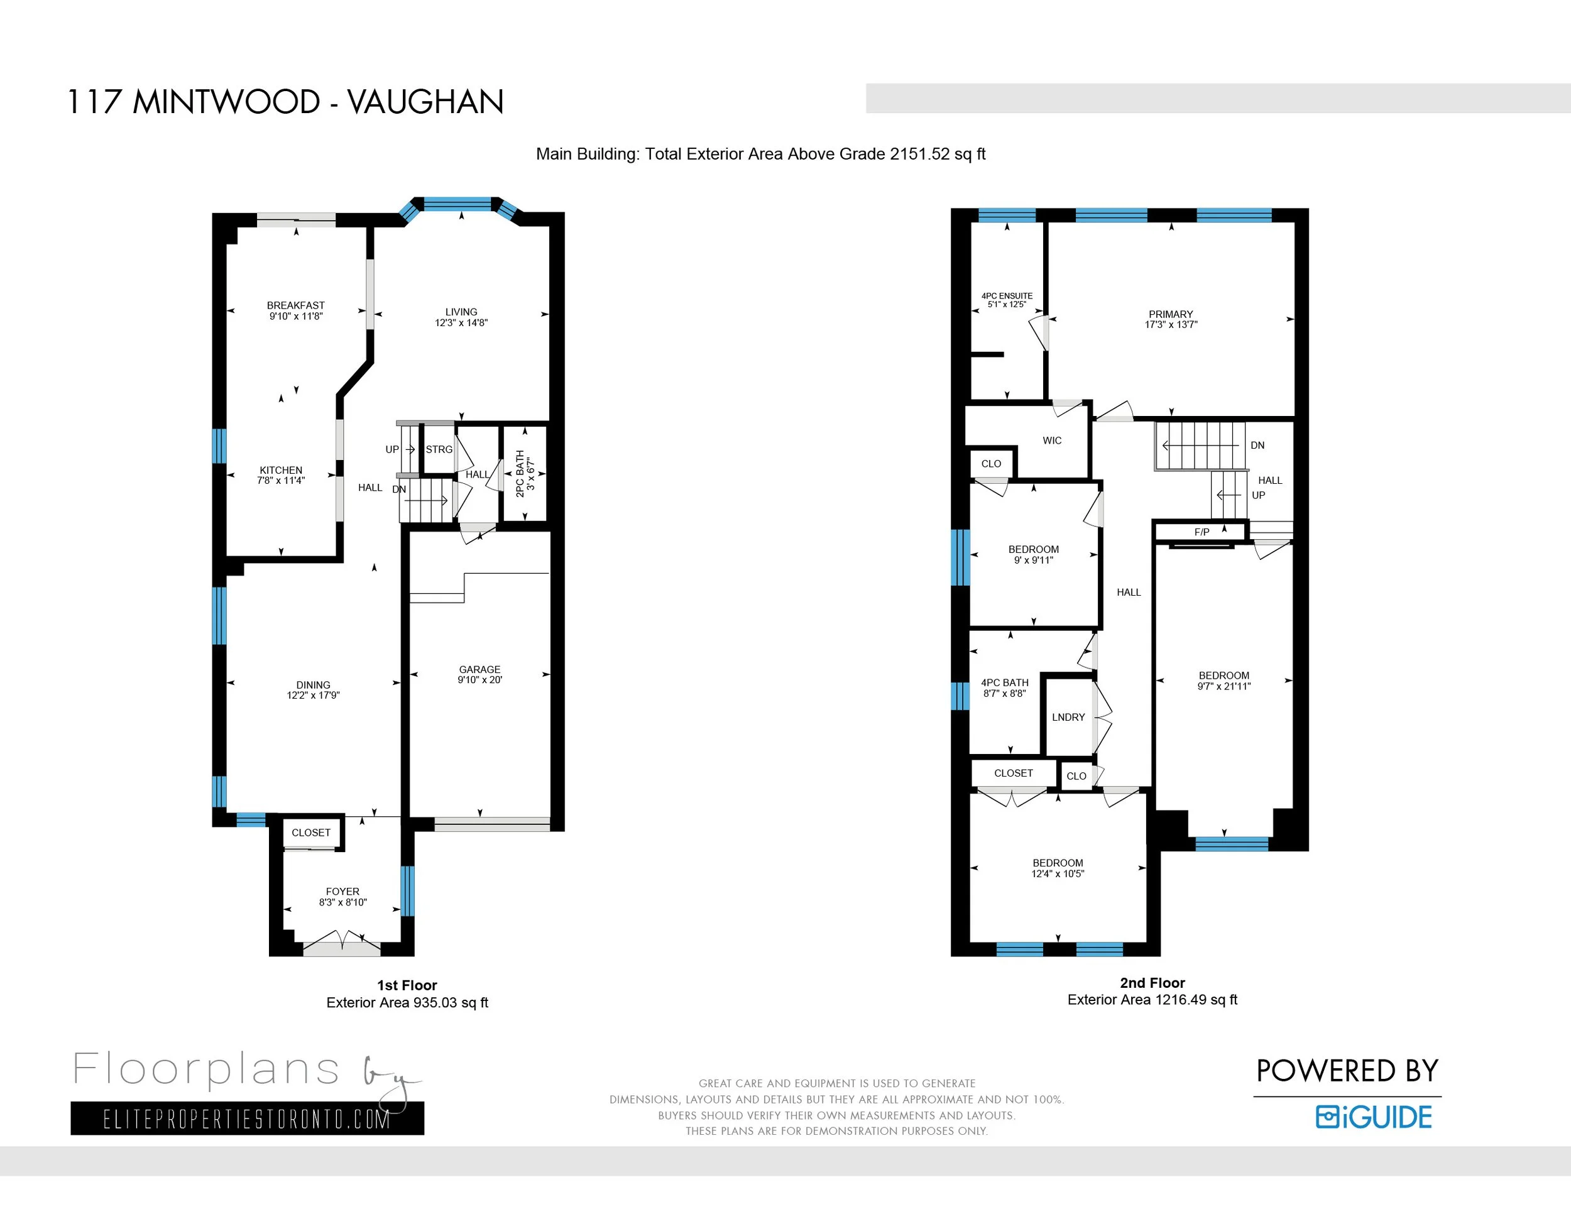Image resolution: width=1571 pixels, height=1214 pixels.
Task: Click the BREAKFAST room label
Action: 295,305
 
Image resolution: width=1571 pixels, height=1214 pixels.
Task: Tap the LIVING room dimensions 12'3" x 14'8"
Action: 461,323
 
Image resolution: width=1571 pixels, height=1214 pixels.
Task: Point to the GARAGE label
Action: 480,670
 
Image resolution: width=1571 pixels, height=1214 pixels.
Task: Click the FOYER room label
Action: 342,892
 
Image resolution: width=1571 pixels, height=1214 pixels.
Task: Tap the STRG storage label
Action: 439,449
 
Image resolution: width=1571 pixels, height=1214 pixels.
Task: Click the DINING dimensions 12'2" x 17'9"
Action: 313,696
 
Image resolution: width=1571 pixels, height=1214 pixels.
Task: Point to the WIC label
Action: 1052,441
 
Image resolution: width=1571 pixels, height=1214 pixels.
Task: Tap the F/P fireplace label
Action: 1202,532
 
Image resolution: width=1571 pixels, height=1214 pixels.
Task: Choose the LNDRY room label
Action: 1068,717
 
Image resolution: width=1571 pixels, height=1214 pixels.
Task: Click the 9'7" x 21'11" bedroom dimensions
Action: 1223,687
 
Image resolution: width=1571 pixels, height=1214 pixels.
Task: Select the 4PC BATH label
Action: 1004,682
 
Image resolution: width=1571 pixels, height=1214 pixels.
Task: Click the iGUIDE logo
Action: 1374,1117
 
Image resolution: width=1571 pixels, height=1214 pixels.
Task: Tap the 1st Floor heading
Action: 407,985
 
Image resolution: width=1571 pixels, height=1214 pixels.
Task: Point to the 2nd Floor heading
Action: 1152,983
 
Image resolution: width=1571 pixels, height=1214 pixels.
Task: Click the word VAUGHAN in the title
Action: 426,102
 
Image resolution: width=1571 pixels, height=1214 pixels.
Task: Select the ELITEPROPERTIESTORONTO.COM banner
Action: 248,1118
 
